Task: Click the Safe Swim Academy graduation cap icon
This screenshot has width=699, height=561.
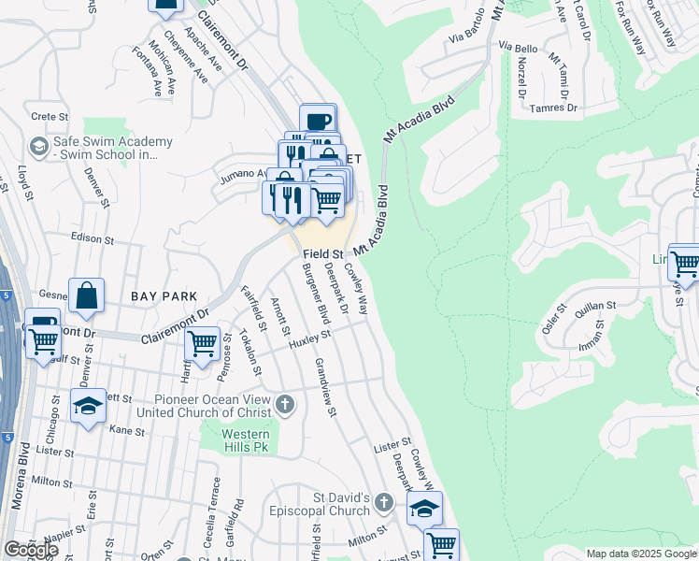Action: coord(38,148)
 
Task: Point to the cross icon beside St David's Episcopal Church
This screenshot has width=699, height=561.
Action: coord(383,504)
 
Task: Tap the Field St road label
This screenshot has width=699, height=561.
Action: coord(322,253)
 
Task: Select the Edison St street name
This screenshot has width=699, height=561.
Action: coord(91,239)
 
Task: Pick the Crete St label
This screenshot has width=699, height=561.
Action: coord(50,118)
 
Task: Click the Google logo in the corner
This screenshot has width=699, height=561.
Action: coord(31,549)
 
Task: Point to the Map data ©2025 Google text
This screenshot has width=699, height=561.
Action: coord(641,554)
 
